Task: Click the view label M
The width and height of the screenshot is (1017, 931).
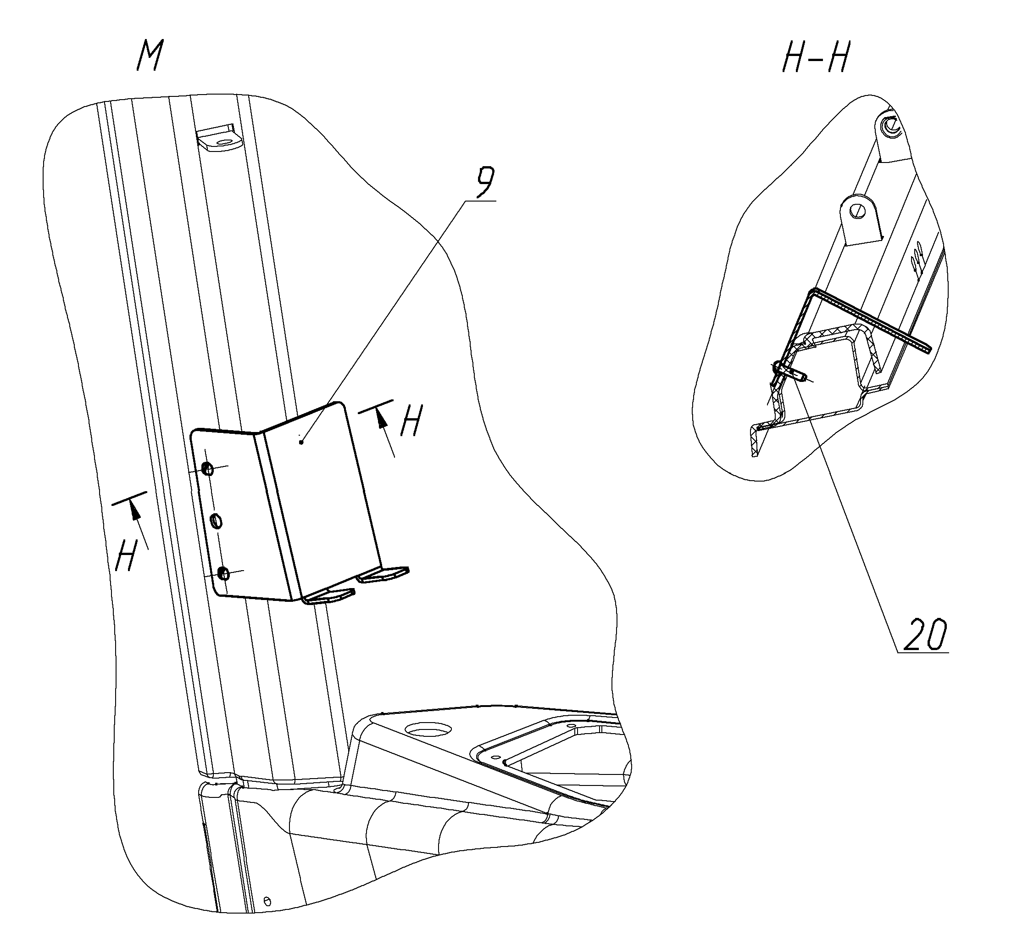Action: tap(150, 56)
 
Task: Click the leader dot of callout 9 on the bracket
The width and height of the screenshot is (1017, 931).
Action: tap(301, 442)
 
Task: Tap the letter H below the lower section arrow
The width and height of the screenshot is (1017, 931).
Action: tap(126, 555)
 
